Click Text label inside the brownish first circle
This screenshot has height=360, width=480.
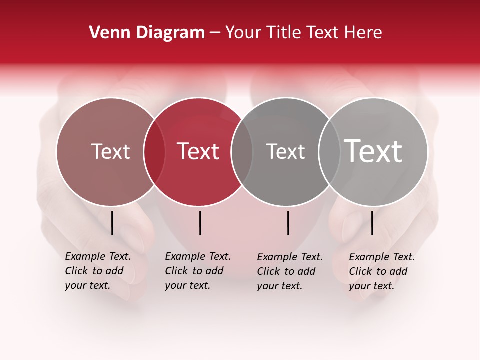(110, 151)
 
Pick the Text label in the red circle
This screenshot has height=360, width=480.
(198, 151)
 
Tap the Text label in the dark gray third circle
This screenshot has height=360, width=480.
(285, 151)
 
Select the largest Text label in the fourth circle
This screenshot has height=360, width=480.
(373, 151)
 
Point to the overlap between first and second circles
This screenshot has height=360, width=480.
(154, 151)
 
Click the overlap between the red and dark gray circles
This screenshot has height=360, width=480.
(242, 151)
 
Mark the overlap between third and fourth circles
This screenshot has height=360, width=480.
(329, 151)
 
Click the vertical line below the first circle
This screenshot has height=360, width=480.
(112, 223)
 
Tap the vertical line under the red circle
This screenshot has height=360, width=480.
(200, 223)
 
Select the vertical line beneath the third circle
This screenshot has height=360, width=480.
(288, 223)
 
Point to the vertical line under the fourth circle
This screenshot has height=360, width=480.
(372, 223)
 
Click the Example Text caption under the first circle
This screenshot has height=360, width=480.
(97, 271)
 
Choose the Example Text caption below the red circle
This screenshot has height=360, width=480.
(197, 271)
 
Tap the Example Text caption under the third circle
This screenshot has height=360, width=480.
(289, 271)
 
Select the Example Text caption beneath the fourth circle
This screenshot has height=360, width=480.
(381, 271)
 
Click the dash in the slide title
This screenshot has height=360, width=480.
(215, 33)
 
